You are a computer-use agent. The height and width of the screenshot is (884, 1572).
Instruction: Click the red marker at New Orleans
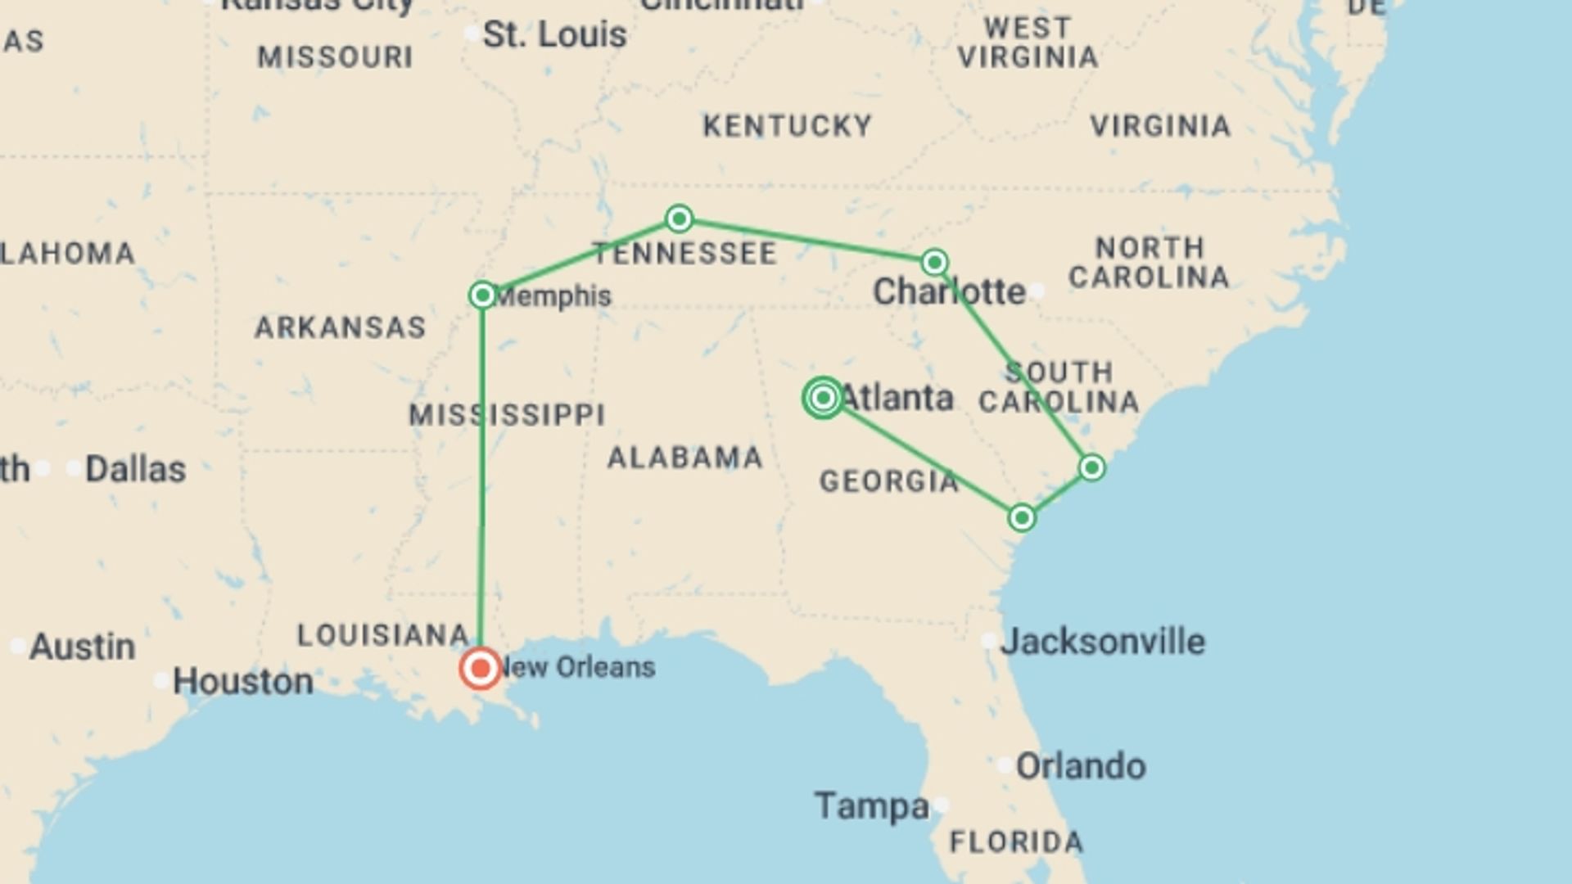[481, 669]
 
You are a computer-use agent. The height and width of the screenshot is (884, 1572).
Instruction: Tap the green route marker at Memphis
[483, 295]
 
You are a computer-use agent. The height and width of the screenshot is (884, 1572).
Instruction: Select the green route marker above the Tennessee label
[679, 219]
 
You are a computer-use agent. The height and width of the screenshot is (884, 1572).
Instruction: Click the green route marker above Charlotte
[934, 262]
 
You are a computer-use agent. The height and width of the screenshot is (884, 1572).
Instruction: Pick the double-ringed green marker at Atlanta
[823, 398]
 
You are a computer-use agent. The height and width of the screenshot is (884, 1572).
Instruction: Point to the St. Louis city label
[554, 35]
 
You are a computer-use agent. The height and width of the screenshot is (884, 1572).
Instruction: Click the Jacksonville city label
[1103, 642]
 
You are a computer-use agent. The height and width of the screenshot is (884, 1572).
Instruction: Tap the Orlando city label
[1081, 767]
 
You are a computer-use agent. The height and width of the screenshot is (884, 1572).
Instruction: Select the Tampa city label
[872, 806]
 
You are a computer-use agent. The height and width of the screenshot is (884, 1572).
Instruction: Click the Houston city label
[243, 682]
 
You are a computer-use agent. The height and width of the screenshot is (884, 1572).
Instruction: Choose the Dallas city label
[136, 469]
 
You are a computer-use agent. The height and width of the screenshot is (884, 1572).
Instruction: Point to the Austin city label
[83, 647]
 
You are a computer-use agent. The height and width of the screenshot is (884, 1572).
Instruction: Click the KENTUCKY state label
[788, 126]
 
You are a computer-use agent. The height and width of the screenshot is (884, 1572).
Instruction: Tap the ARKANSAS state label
[341, 327]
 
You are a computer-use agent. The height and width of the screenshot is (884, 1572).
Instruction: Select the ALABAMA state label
[685, 458]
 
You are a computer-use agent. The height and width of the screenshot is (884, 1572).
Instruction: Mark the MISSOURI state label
[336, 57]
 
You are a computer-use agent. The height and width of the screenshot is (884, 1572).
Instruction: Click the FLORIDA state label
[1016, 842]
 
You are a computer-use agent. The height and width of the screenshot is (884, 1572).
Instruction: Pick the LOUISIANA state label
[383, 635]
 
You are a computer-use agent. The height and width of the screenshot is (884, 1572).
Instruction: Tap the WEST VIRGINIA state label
[1028, 43]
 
